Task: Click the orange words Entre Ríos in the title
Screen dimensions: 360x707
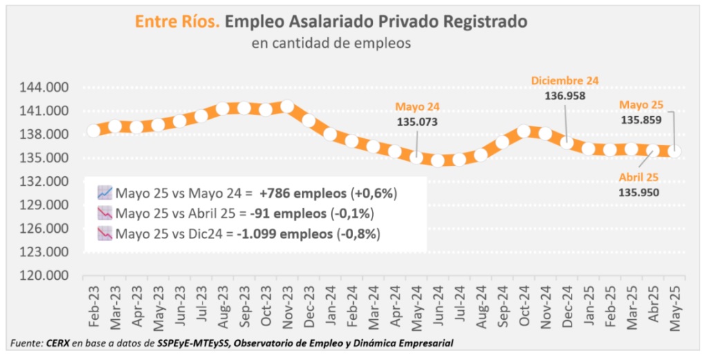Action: click(177, 22)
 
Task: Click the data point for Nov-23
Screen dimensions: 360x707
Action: click(287, 107)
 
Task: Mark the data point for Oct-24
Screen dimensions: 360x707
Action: click(524, 131)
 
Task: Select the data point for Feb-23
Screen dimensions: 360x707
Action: click(93, 131)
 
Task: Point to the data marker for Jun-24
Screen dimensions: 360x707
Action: click(437, 160)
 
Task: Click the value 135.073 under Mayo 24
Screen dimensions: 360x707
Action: click(417, 122)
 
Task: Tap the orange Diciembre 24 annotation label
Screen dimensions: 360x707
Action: click(565, 81)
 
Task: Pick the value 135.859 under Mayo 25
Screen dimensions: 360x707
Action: click(641, 119)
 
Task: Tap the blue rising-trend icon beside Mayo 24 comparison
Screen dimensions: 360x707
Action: click(105, 192)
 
